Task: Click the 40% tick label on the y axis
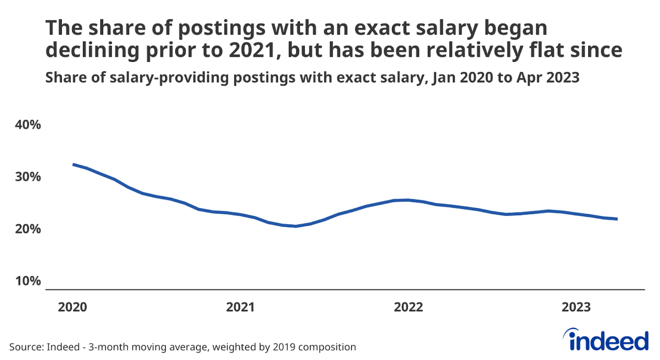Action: coord(28,125)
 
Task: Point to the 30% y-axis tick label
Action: coord(28,177)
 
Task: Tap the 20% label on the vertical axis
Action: coord(28,229)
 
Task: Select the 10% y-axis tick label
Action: coord(28,281)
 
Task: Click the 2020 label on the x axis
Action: coord(73,307)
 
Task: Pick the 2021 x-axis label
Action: coord(241,307)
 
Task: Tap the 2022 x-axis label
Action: coord(409,307)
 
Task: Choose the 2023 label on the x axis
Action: coord(576,307)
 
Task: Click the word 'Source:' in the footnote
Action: coord(26,347)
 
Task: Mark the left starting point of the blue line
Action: coord(73,165)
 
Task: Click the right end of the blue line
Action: coord(617,219)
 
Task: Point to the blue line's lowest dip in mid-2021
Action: coord(296,226)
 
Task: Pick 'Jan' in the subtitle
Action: coord(443,78)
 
